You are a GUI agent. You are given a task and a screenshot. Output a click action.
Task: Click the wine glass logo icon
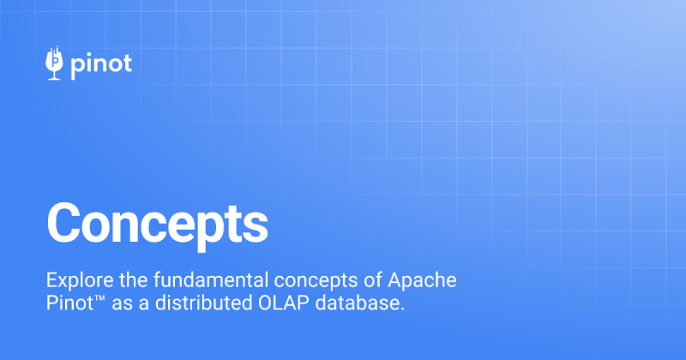[x=55, y=63]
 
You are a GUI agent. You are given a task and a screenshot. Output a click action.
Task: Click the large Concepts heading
[x=157, y=222]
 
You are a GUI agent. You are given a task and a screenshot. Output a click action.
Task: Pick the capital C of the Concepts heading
[x=65, y=222]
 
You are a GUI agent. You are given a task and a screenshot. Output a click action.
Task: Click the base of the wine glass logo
[x=55, y=77]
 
